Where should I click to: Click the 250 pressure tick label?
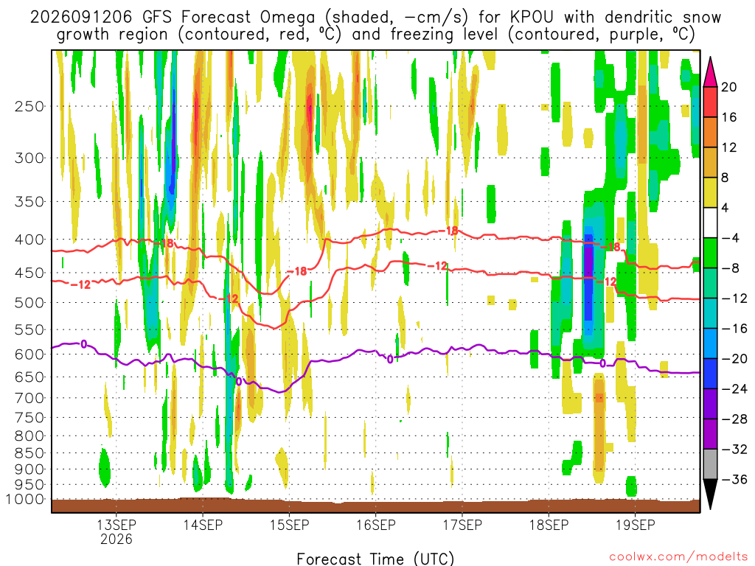[x=29, y=106]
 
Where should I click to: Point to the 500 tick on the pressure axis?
[x=29, y=303]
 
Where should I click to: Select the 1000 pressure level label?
[x=24, y=500]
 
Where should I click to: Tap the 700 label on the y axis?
[x=29, y=398]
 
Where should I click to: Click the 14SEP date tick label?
[x=203, y=525]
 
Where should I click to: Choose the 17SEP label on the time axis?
[x=462, y=525]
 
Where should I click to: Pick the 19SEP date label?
[x=635, y=525]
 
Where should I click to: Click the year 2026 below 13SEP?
[x=116, y=539]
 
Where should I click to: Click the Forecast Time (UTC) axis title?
[x=375, y=559]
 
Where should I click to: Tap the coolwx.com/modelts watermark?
[x=678, y=557]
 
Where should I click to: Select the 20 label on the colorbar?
[x=728, y=87]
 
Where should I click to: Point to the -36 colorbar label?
[x=734, y=479]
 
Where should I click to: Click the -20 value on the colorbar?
[x=734, y=359]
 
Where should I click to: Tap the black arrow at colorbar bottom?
[x=710, y=493]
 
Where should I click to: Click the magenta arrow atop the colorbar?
[x=710, y=73]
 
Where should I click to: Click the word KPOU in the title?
[x=532, y=18]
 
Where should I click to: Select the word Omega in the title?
[x=288, y=18]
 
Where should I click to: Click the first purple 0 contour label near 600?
[x=84, y=344]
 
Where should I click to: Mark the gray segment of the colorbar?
[x=710, y=464]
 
